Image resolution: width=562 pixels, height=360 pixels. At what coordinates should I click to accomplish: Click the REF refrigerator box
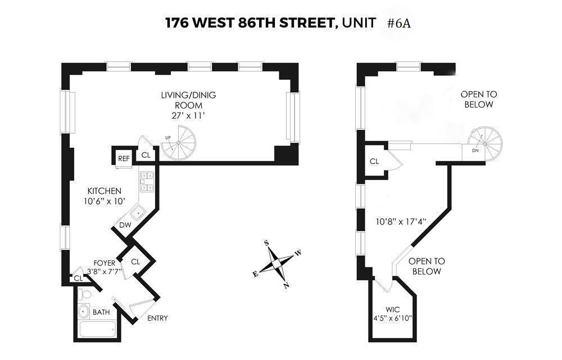click(124, 158)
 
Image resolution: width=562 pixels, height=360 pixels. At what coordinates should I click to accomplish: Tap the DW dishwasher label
click(124, 225)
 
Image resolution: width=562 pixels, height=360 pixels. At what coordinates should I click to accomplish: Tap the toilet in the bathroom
click(84, 294)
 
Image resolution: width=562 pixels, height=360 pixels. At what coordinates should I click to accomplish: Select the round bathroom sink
click(84, 311)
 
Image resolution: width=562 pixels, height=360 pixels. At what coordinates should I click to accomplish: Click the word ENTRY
click(157, 318)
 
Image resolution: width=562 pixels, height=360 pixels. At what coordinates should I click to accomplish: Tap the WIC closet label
click(392, 309)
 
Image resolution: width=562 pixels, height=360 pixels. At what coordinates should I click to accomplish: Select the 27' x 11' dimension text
click(188, 116)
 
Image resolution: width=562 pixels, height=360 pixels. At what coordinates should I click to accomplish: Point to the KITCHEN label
click(104, 191)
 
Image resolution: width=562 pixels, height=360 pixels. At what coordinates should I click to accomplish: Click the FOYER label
click(105, 263)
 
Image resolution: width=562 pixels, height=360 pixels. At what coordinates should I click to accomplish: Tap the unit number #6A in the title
click(401, 24)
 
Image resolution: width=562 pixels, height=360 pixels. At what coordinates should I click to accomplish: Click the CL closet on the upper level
click(374, 161)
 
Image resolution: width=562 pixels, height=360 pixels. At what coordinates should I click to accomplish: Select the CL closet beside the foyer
click(135, 262)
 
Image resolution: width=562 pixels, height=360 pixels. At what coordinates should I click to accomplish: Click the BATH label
click(101, 312)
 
